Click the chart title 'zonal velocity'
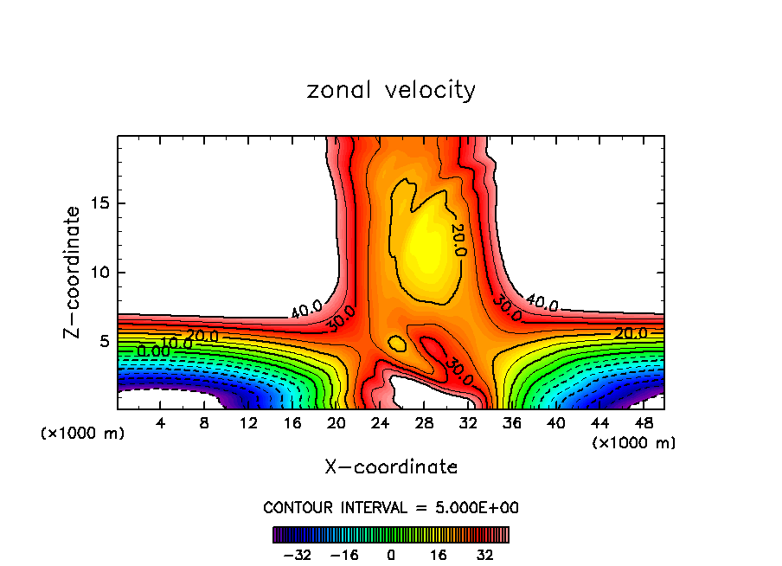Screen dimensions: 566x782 point(391,91)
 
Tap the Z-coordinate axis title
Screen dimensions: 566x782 point(73,272)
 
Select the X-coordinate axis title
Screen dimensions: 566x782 point(391,467)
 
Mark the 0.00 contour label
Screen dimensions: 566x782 point(153,351)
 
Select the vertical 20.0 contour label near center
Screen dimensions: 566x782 point(458,239)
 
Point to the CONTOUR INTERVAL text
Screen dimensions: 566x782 point(391,507)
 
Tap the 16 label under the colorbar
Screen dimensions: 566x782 point(438,553)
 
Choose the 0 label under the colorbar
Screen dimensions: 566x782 point(391,553)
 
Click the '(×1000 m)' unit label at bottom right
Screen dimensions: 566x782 point(634,443)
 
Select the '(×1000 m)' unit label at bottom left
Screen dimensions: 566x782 point(83,433)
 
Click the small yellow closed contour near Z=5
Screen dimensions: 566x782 point(397,344)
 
